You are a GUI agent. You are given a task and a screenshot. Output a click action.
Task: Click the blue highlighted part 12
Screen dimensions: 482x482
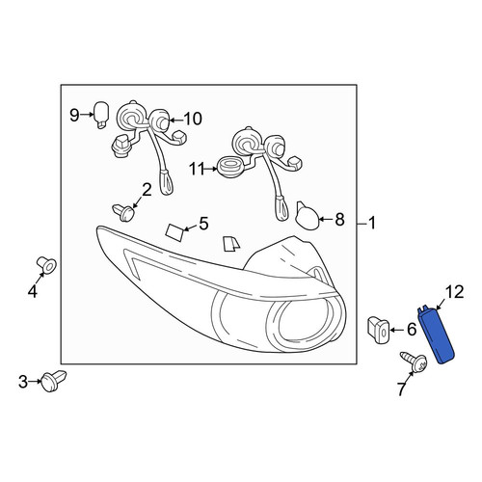tap(437, 335)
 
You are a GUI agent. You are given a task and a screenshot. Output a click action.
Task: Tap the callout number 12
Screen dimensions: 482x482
tap(454, 292)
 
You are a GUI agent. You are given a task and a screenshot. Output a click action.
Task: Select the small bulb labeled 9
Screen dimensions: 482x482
tap(101, 115)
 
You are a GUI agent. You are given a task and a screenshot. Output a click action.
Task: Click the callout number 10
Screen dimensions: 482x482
tap(193, 119)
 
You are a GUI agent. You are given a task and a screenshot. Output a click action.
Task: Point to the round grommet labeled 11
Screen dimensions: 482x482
tap(230, 168)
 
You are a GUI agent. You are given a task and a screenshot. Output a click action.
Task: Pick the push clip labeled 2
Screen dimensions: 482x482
tap(123, 212)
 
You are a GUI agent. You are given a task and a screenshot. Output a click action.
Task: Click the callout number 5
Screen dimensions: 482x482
tap(203, 224)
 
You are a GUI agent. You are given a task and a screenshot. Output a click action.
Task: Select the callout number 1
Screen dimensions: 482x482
tap(372, 223)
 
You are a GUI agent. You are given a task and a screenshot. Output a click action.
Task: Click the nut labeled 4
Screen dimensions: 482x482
tap(47, 265)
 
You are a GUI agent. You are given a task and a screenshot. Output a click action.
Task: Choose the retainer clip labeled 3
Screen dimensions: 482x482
tap(54, 381)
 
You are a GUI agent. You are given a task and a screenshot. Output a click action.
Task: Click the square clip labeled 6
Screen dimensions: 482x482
tap(379, 330)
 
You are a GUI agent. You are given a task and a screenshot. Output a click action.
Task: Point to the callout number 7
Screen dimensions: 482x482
tap(400, 389)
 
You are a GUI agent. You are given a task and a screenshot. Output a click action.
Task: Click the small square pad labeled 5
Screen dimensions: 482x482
tap(174, 232)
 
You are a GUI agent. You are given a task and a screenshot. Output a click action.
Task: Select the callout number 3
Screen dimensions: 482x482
tap(23, 382)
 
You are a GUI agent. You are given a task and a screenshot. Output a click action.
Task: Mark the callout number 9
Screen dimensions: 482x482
tap(74, 116)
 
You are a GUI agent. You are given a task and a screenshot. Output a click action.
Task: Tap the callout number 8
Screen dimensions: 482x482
tap(339, 220)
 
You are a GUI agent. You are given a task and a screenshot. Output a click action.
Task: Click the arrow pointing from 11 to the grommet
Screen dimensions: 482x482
tap(211, 169)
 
